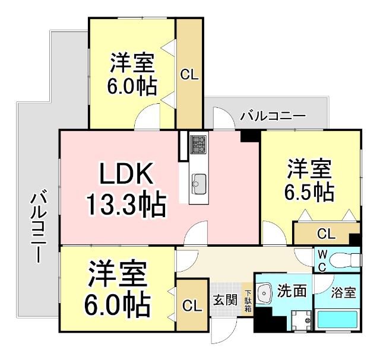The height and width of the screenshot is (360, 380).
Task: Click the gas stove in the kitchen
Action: (x=198, y=144)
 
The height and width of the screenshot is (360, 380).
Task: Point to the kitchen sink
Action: (x=198, y=181)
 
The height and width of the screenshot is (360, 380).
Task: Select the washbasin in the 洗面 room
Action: (x=266, y=291)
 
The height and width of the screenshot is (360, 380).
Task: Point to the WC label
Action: (x=321, y=259)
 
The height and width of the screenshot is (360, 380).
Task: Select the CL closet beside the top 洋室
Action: (x=189, y=75)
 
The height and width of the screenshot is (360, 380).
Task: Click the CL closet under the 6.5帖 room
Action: (x=326, y=234)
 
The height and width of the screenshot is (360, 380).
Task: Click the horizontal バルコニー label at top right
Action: (x=273, y=115)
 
